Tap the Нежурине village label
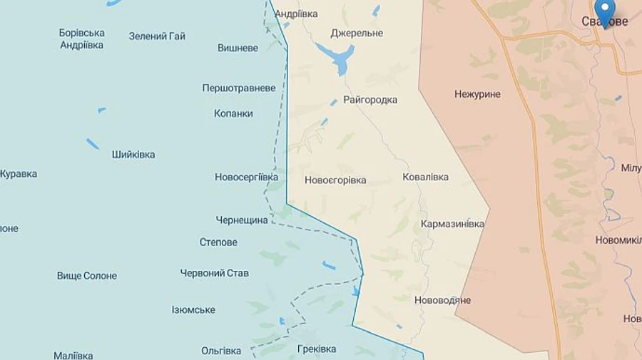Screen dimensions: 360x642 point(477,94)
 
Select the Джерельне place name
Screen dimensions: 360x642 point(357,34)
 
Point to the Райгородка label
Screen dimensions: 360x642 point(370,100)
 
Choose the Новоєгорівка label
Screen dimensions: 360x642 point(335,180)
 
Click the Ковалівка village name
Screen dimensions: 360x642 point(425,177)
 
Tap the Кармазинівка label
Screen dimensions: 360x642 point(452,224)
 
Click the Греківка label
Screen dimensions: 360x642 point(316,349)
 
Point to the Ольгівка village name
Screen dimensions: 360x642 point(221,351)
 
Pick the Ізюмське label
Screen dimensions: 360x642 point(193,310)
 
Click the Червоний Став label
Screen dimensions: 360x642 point(214,273)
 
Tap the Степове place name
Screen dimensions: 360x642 point(218,242)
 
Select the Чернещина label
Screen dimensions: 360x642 point(242,220)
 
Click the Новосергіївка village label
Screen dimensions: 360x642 point(246,177)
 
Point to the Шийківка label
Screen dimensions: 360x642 point(133,155)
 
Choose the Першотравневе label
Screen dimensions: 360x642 point(238,88)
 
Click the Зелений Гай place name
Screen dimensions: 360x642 point(157,36)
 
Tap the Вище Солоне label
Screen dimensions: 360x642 point(87,276)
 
